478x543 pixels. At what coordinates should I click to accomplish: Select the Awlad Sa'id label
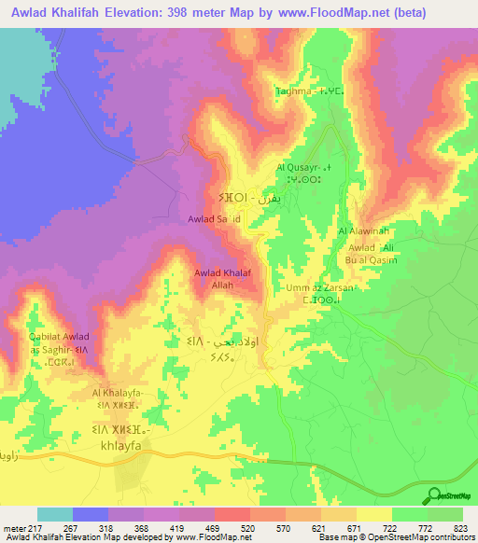point(215,219)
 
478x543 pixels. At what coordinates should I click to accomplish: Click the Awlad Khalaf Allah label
point(221,279)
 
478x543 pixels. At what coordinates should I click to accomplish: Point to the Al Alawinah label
point(360,231)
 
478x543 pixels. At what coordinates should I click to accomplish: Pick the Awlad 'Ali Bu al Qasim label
point(373,254)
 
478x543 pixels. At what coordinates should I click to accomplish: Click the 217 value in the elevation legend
point(36,529)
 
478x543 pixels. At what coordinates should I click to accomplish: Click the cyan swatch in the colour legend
point(54,514)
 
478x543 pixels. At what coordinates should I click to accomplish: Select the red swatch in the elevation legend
point(232,514)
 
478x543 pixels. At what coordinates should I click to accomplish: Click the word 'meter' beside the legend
point(13,529)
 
